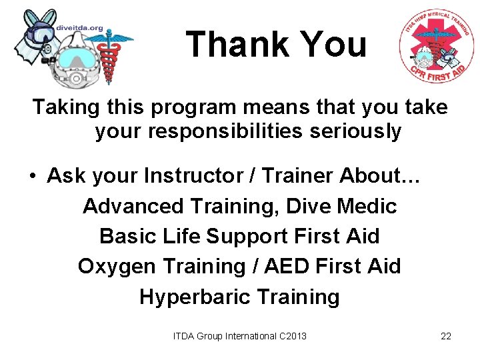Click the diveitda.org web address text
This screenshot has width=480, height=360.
tap(81, 28)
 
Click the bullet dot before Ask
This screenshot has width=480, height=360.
tap(32, 177)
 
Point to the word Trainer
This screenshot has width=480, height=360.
tap(300, 176)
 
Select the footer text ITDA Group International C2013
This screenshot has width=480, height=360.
tap(240, 336)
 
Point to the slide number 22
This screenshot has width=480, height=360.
tap(446, 336)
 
